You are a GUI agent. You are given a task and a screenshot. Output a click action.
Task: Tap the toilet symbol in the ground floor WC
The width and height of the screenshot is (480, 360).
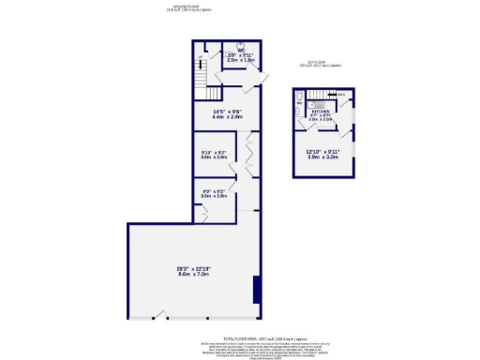coord(241,44)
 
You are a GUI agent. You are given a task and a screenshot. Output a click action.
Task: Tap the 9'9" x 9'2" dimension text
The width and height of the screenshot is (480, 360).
coord(215,191)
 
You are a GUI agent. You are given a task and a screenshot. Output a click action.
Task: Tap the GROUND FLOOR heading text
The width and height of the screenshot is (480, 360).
coord(174,8)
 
